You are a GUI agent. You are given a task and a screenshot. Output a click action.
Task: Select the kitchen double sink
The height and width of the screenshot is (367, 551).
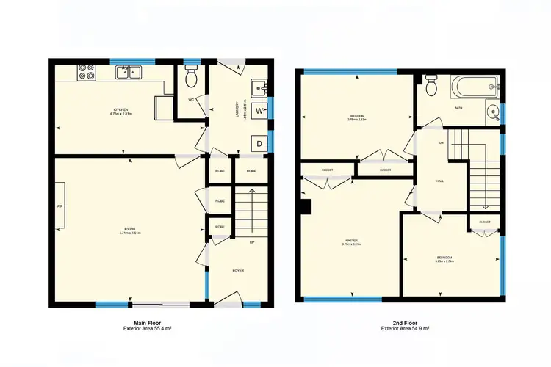coord(128,72)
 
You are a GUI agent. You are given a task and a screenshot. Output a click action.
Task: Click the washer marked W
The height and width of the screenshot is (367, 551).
coord(260,111)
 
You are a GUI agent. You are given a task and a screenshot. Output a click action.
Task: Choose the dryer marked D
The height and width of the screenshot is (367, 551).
coord(259,143)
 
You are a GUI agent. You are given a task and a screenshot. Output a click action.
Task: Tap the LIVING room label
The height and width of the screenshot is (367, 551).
coord(129,231)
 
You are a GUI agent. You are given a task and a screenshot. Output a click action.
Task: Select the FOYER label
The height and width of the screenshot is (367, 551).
coord(238,271)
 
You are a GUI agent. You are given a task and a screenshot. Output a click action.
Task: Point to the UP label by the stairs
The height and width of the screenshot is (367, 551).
coord(252,242)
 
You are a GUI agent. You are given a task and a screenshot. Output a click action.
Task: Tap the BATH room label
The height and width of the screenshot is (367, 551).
coord(458,109)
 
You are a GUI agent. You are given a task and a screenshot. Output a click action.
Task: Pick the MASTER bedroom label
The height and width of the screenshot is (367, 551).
coord(351,241)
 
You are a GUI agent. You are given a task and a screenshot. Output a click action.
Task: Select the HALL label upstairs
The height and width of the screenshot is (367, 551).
coord(440,181)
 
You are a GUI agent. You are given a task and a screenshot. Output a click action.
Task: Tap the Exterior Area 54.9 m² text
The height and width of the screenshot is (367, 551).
coord(405,328)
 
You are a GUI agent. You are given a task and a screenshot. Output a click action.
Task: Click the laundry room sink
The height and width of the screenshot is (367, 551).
coord(259,89)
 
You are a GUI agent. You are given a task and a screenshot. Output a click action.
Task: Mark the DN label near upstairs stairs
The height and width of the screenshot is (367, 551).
coord(442,142)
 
